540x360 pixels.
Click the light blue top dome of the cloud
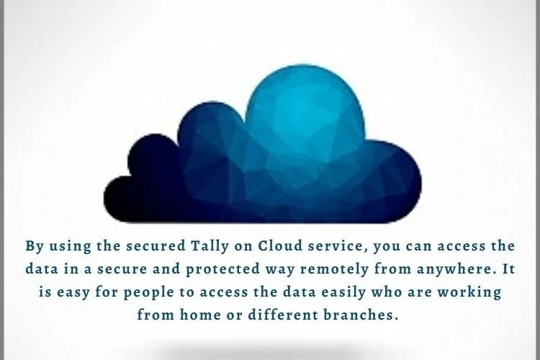pyautogui.click(x=305, y=104)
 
